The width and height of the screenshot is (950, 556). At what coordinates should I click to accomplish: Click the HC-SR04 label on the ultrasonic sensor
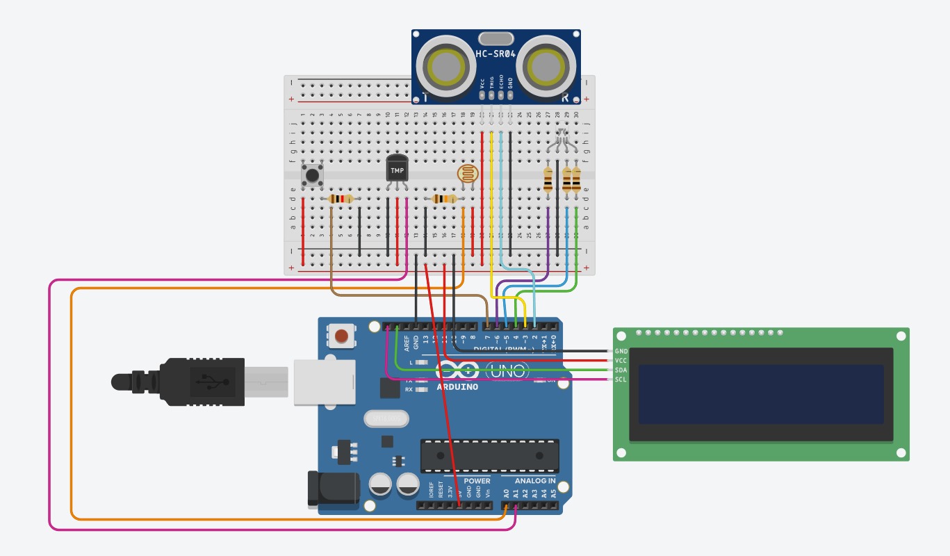pyautogui.click(x=496, y=54)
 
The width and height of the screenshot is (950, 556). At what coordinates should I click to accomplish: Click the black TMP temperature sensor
pyautogui.click(x=397, y=170)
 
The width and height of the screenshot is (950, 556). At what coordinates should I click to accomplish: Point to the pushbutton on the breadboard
pyautogui.click(x=312, y=174)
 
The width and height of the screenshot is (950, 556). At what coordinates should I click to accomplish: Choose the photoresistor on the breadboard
pyautogui.click(x=468, y=174)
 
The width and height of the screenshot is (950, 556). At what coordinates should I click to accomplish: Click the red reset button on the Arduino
pyautogui.click(x=341, y=337)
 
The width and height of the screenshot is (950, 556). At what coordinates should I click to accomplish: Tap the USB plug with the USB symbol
pyautogui.click(x=202, y=382)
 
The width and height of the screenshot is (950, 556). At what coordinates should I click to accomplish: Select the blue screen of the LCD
pyautogui.click(x=761, y=394)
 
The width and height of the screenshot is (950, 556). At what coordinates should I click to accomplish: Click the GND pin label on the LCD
pyautogui.click(x=621, y=352)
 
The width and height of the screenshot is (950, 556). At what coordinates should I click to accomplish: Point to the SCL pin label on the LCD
pyautogui.click(x=621, y=379)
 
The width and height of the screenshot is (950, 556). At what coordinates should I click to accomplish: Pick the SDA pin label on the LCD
pyautogui.click(x=621, y=370)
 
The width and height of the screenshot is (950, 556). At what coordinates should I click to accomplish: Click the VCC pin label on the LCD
pyautogui.click(x=621, y=361)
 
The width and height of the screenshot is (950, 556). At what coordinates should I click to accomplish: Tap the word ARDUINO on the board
pyautogui.click(x=457, y=387)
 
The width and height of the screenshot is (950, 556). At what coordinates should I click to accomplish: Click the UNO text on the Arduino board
pyautogui.click(x=507, y=372)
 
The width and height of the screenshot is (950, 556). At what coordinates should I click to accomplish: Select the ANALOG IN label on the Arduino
pyautogui.click(x=534, y=481)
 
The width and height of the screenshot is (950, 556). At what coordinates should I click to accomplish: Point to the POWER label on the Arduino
pyautogui.click(x=477, y=481)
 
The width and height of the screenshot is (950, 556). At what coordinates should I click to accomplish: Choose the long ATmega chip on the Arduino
pyautogui.click(x=489, y=455)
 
